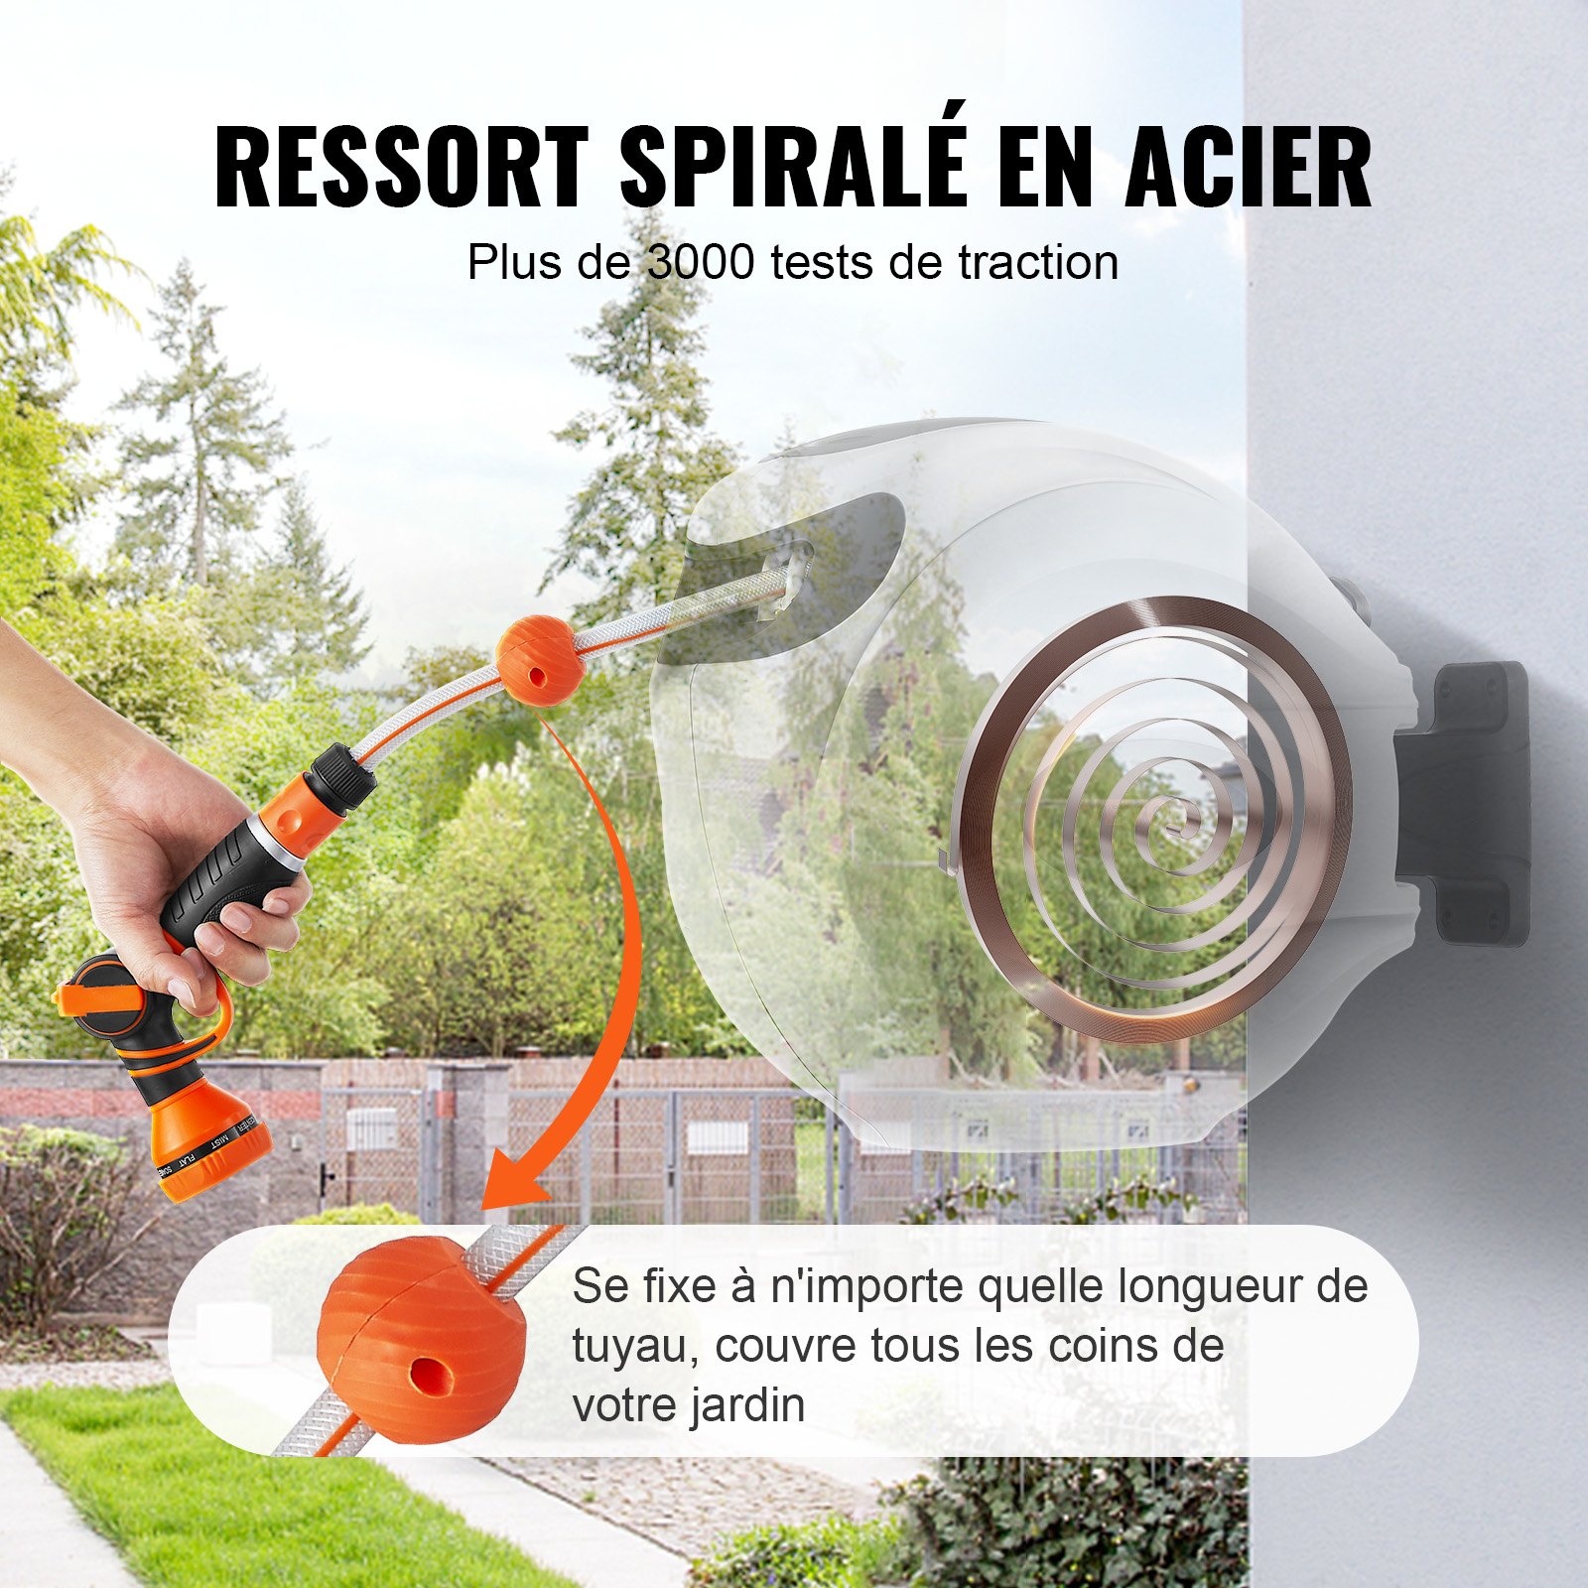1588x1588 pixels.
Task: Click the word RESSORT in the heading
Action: point(401,166)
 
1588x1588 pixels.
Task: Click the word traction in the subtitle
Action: point(1037,263)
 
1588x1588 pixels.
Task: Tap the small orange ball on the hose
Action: point(540,659)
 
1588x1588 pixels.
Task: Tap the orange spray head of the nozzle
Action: point(208,1141)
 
